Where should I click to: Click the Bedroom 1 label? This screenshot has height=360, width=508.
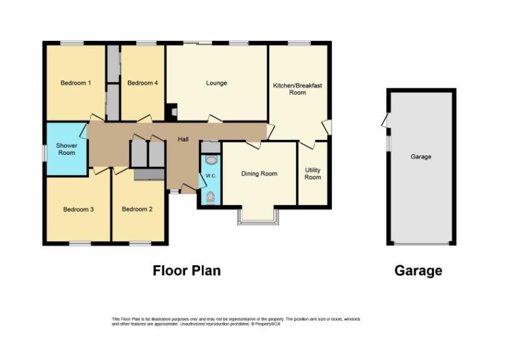[75, 83]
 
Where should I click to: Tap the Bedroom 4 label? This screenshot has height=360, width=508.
[142, 83]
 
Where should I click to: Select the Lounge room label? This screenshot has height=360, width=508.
[216, 83]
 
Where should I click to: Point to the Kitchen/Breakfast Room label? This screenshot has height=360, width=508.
[297, 89]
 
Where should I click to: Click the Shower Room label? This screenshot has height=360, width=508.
[66, 149]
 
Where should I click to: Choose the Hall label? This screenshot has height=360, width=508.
[183, 139]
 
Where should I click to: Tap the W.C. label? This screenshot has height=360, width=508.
[211, 176]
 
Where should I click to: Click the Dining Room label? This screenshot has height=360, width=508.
[259, 174]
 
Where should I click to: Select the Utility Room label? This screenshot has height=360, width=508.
[313, 174]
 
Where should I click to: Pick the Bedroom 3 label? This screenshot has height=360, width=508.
[78, 209]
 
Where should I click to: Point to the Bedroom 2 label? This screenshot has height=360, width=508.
[137, 209]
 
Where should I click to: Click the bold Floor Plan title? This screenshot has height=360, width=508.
[187, 270]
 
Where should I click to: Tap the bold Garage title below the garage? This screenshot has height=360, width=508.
[418, 270]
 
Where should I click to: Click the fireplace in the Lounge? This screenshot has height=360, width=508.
[172, 112]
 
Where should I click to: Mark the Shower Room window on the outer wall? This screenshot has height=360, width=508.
[45, 152]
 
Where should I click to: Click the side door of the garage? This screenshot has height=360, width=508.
[386, 120]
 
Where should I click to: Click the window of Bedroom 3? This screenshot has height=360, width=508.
[80, 243]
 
